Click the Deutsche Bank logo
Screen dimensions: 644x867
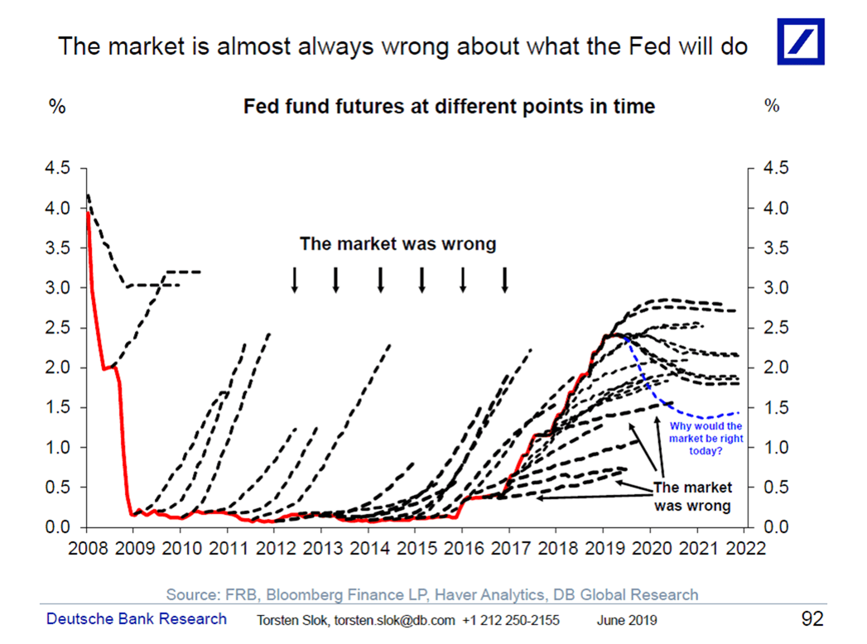click(800, 41)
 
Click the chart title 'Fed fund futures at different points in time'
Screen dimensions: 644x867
click(448, 107)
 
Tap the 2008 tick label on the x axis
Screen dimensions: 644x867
click(86, 547)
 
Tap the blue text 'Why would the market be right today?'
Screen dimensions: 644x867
click(701, 438)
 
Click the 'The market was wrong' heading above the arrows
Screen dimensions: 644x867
click(397, 244)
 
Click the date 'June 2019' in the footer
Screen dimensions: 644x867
click(627, 620)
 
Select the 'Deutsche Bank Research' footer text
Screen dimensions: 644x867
click(136, 619)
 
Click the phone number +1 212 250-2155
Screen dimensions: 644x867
click(511, 620)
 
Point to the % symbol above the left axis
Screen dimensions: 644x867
click(58, 107)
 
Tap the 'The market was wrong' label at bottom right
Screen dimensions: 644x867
click(692, 497)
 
